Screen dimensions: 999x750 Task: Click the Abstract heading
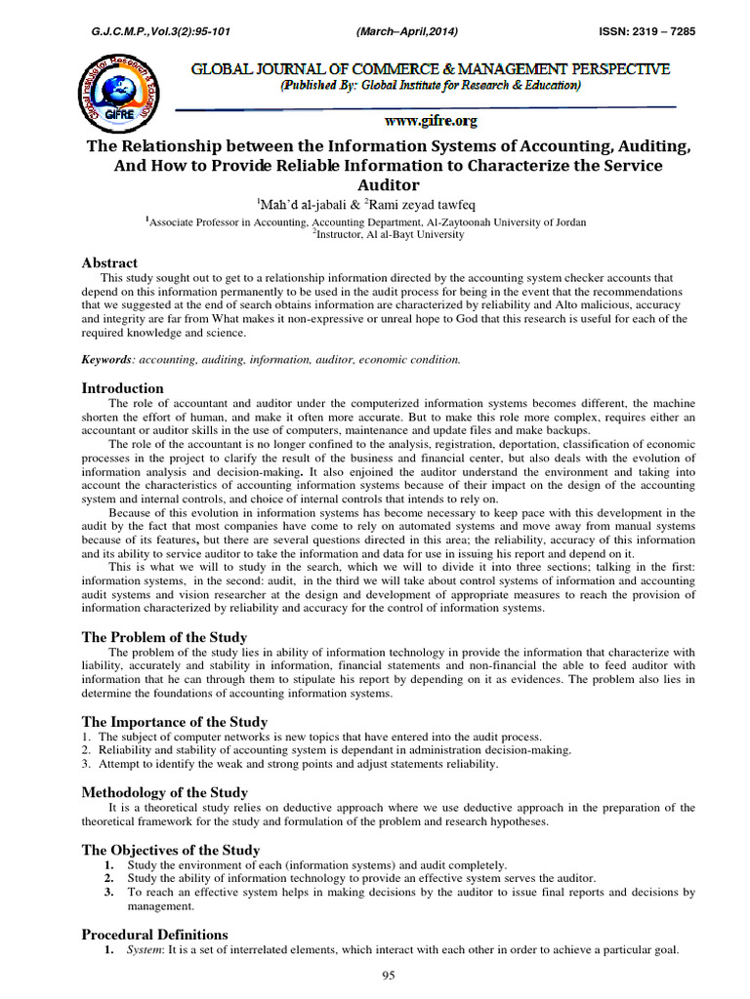click(x=109, y=262)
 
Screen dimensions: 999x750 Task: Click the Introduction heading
click(x=122, y=387)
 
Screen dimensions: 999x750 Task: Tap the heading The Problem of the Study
click(x=163, y=636)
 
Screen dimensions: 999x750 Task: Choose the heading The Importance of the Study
click(x=174, y=721)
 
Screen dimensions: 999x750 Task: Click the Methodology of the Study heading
click(x=164, y=792)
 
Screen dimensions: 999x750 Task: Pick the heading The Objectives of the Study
click(x=170, y=849)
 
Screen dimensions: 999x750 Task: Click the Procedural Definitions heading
click(x=154, y=935)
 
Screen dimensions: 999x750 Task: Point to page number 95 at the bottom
click(x=389, y=979)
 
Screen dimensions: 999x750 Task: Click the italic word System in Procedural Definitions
click(x=146, y=952)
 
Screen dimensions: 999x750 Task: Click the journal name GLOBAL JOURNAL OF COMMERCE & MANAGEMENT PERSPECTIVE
click(x=431, y=69)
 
